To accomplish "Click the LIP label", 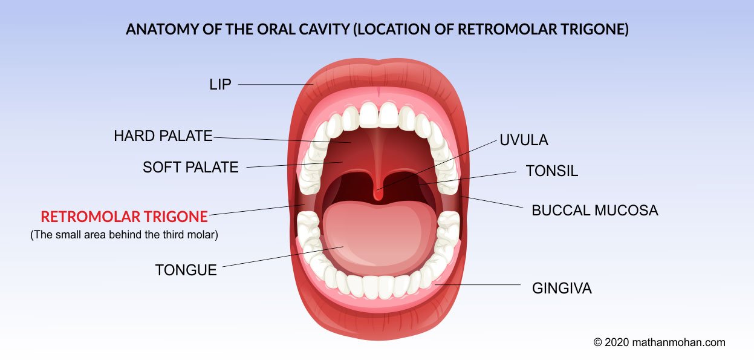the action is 220,85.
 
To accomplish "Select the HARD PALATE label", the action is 163,136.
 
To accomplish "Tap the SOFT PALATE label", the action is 190,168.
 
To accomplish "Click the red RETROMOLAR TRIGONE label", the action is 124,217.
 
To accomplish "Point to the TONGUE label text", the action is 186,270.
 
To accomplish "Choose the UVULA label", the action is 524,140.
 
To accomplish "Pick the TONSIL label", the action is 552,171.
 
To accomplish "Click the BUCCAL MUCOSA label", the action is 595,211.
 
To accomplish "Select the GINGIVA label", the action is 562,289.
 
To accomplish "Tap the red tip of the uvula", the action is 379,195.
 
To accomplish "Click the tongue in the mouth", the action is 379,236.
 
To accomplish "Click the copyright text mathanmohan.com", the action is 659,342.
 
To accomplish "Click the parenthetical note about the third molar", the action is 124,235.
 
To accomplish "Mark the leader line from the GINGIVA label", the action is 477,284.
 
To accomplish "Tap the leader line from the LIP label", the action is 276,85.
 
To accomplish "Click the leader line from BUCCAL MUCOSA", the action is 492,202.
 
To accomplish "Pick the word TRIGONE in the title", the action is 595,29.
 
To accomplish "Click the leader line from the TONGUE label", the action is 283,257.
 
